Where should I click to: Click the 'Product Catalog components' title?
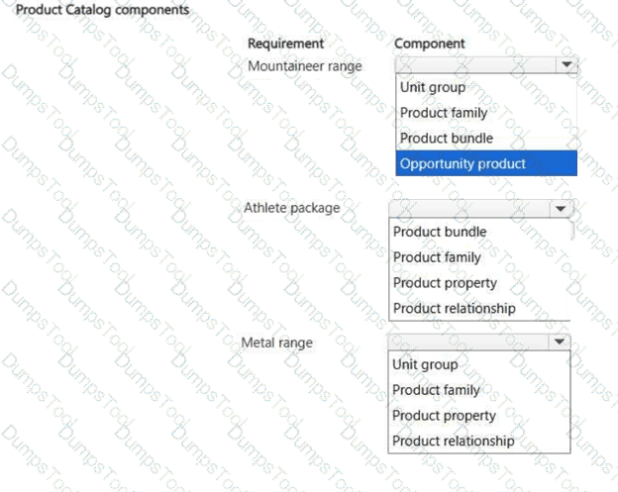click(x=102, y=10)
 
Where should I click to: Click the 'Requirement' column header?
click(x=286, y=44)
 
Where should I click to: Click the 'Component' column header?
click(x=430, y=44)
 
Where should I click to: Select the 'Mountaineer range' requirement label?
click(x=305, y=66)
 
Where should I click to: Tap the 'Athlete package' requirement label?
click(x=291, y=208)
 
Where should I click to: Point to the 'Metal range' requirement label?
click(x=276, y=343)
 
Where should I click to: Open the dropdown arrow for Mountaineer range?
click(x=566, y=64)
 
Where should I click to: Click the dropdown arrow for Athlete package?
click(x=561, y=209)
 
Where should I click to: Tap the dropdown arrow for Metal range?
click(x=559, y=342)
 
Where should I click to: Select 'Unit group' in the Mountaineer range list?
click(x=433, y=87)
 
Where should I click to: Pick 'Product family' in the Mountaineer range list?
click(x=444, y=113)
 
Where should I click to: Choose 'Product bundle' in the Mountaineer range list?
click(x=447, y=139)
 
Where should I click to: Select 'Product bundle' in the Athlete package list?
click(x=440, y=232)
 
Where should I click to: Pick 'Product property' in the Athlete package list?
click(x=445, y=283)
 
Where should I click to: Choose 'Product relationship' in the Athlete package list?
click(x=455, y=309)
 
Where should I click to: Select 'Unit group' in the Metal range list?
click(x=425, y=364)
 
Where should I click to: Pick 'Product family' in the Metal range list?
click(x=437, y=390)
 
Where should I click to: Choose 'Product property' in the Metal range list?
click(x=444, y=416)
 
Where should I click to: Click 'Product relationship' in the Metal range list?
click(x=454, y=442)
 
